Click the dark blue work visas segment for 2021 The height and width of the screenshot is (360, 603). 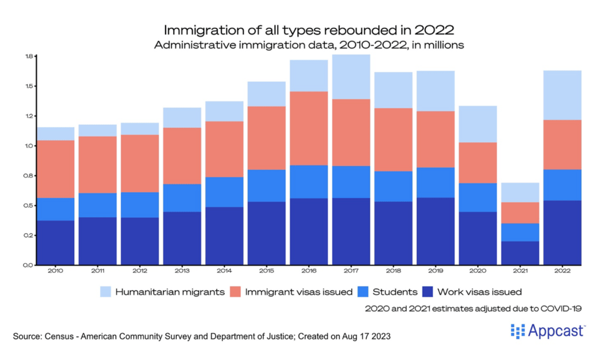point(520,253)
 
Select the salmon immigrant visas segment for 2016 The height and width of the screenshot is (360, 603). point(309,128)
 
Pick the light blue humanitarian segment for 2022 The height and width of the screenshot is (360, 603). point(562,95)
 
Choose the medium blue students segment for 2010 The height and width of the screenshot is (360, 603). point(55,209)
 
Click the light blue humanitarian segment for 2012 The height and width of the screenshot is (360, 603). point(140,128)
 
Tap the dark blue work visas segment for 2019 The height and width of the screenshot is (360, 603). point(436,231)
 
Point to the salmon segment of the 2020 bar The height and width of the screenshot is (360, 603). point(478,163)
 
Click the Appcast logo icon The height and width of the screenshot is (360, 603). point(518,331)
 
